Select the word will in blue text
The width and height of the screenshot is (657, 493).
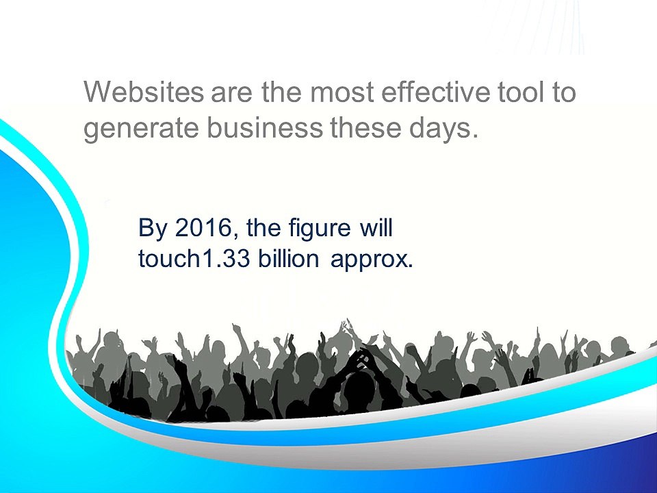[x=376, y=227]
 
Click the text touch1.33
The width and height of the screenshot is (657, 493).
[x=194, y=259]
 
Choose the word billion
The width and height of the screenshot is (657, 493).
[x=288, y=258]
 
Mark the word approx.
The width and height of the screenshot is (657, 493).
[x=372, y=261]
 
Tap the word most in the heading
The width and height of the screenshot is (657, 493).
[x=342, y=92]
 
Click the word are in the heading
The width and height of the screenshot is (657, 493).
[x=232, y=93]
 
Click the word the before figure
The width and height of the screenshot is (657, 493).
[x=263, y=227]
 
